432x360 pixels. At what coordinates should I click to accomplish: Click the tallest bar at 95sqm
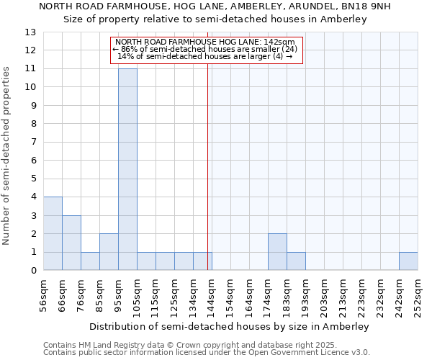[127, 169]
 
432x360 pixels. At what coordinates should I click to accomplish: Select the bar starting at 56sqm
[53, 234]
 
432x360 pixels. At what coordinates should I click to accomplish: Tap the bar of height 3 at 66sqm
[71, 243]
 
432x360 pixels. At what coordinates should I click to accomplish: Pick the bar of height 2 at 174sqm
[277, 252]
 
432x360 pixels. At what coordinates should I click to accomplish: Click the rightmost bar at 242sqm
[408, 261]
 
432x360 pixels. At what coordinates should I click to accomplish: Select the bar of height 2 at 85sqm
[109, 252]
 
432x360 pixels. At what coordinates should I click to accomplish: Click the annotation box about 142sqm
[207, 49]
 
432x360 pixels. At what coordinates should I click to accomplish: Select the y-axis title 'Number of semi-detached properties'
[6, 155]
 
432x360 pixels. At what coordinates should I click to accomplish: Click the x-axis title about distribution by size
[230, 326]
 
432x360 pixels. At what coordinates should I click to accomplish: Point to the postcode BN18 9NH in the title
[370, 6]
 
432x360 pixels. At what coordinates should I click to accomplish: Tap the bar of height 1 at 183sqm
[296, 261]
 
